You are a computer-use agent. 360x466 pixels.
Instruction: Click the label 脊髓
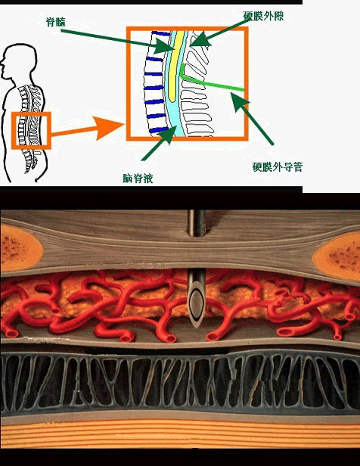click(x=55, y=22)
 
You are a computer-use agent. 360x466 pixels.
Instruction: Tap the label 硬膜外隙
click(x=263, y=16)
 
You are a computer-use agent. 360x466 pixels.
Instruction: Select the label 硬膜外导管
click(x=277, y=166)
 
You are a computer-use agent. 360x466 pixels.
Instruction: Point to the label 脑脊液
click(x=138, y=179)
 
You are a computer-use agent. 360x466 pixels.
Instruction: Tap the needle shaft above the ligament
click(x=197, y=223)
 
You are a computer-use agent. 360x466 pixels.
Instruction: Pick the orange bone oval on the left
click(x=20, y=248)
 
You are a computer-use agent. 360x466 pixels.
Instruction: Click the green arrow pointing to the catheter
click(x=252, y=119)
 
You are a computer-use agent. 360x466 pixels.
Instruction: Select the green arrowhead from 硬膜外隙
click(x=200, y=39)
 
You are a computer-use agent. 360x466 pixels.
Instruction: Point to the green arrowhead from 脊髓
click(x=164, y=45)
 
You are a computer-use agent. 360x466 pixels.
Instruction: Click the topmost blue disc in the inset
click(x=161, y=33)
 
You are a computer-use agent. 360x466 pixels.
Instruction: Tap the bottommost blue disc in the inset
click(x=159, y=130)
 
